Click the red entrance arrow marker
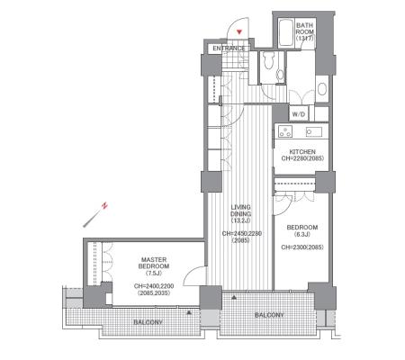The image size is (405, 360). pyautogui.click(x=239, y=31)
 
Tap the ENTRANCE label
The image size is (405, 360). pyautogui.click(x=229, y=49)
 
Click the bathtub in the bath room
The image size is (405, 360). pyautogui.click(x=286, y=32)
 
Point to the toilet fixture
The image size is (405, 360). pyautogui.click(x=268, y=60)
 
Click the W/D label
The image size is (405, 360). pyautogui.click(x=299, y=114)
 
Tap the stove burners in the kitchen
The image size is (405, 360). pyautogui.click(x=285, y=131)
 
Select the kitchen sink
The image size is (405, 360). pyautogui.click(x=314, y=131)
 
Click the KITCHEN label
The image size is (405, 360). pyautogui.click(x=302, y=152)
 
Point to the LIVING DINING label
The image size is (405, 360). pyautogui.click(x=240, y=211)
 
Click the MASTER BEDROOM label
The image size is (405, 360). pyautogui.click(x=154, y=263)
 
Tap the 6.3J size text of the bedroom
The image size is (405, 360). pyautogui.click(x=302, y=234)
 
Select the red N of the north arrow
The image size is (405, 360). pyautogui.click(x=104, y=205)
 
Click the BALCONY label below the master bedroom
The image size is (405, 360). pyautogui.click(x=148, y=322)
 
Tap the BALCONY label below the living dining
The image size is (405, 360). pyautogui.click(x=269, y=315)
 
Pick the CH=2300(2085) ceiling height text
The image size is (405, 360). pyautogui.click(x=302, y=247)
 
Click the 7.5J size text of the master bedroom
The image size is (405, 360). pyautogui.click(x=154, y=273)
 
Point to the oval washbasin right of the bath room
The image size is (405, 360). pyautogui.click(x=322, y=88)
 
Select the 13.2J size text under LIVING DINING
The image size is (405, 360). pyautogui.click(x=240, y=220)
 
